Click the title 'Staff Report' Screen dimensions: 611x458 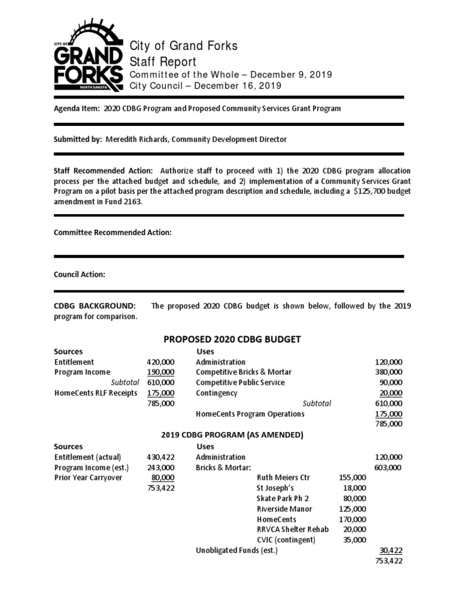coord(163,61)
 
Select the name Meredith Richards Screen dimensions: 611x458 coord(137,139)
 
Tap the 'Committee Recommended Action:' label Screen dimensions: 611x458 coord(113,233)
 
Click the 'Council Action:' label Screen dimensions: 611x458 coord(80,274)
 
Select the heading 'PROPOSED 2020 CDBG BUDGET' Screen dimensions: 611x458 coord(232,339)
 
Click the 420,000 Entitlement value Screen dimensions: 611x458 coord(160,362)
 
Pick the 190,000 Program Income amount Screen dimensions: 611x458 coord(160,372)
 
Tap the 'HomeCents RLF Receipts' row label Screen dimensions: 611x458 coord(95,393)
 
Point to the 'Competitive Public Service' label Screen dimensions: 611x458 coord(240,382)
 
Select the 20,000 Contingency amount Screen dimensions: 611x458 coord(391,393)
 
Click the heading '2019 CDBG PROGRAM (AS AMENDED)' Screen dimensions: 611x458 coord(233,435)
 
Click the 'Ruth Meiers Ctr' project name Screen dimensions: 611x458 coord(283,478)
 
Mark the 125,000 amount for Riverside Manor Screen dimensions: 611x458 coord(352,509)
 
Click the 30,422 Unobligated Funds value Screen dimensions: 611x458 coord(391,550)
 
